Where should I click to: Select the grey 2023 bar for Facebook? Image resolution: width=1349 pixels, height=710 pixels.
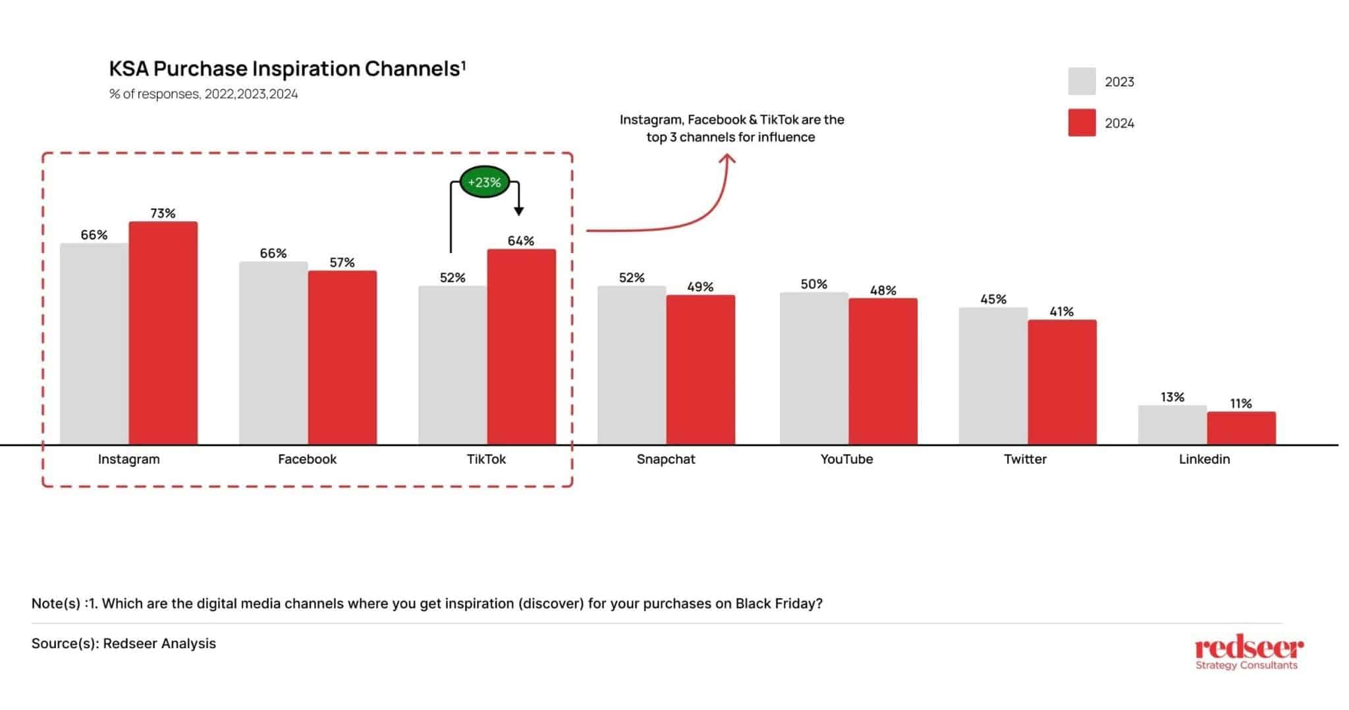pyautogui.click(x=273, y=353)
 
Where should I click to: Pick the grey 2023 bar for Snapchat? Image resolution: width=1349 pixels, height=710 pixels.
pyautogui.click(x=632, y=365)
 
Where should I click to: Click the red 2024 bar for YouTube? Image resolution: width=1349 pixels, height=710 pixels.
pyautogui.click(x=883, y=371)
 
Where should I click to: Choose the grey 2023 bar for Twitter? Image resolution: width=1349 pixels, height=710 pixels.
pyautogui.click(x=993, y=375)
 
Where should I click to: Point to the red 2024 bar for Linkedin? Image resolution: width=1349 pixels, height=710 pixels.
pyautogui.click(x=1241, y=427)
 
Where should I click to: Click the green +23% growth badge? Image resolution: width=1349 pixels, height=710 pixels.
pyautogui.click(x=484, y=182)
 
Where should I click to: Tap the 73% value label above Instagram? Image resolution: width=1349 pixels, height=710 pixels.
pyautogui.click(x=163, y=213)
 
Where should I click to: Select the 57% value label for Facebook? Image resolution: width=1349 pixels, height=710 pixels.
pyautogui.click(x=342, y=263)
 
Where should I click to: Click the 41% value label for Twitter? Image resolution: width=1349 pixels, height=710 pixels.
pyautogui.click(x=1061, y=312)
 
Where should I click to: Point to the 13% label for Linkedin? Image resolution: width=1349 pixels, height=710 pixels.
pyautogui.click(x=1172, y=397)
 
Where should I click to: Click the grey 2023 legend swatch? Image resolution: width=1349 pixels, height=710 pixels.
pyautogui.click(x=1082, y=82)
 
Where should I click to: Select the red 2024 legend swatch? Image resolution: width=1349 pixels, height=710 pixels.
pyautogui.click(x=1082, y=123)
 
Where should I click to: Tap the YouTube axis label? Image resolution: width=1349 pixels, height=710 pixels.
pyautogui.click(x=846, y=459)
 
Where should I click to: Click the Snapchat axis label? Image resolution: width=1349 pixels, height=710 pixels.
pyautogui.click(x=665, y=459)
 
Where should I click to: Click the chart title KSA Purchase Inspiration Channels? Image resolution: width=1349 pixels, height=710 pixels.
pyautogui.click(x=287, y=68)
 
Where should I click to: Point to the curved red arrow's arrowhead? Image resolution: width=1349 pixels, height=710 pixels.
pyautogui.click(x=727, y=159)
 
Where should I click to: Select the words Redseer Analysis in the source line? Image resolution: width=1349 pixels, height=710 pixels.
pyautogui.click(x=159, y=643)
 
